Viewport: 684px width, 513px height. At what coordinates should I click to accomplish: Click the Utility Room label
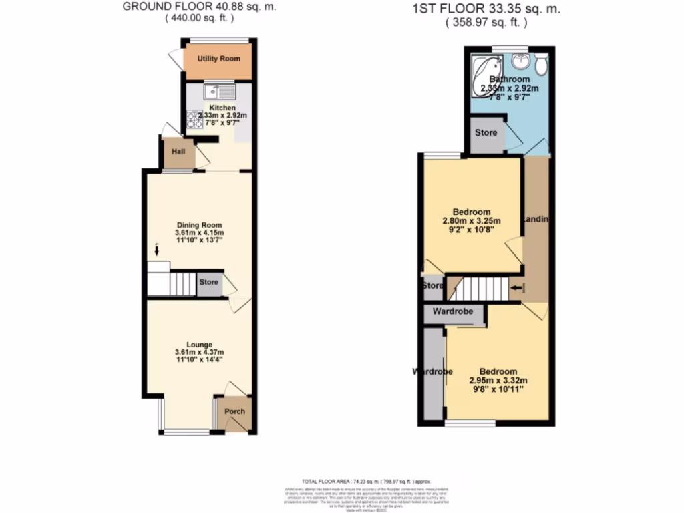218,59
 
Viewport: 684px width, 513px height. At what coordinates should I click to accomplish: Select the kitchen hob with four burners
194,119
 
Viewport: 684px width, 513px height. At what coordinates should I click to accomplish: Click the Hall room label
178,152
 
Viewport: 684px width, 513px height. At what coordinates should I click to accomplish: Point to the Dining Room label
199,225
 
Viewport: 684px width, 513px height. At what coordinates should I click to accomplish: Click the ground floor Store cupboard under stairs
209,283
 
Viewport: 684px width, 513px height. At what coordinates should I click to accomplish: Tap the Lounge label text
199,345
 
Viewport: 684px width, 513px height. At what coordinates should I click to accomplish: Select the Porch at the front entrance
234,411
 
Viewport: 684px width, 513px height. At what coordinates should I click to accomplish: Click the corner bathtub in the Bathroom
486,67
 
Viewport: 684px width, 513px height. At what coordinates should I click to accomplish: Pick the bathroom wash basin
520,62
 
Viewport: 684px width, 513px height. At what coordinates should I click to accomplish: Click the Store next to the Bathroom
486,132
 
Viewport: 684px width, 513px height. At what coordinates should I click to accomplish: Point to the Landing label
537,220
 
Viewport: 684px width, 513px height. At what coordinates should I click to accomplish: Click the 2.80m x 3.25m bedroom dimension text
471,221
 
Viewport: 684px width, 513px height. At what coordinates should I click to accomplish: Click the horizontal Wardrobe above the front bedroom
453,312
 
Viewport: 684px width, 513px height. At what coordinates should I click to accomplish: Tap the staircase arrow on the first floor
516,288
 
